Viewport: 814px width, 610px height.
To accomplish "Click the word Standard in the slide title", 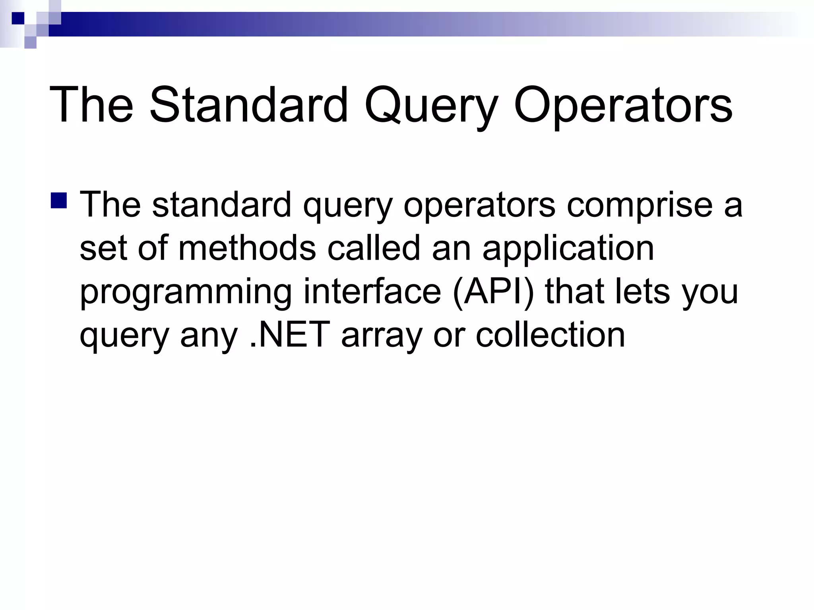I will point(248,105).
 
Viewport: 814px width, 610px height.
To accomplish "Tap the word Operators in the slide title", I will point(623,105).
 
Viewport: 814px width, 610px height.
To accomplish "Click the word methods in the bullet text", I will point(247,248).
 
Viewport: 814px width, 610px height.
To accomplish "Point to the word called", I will point(374,248).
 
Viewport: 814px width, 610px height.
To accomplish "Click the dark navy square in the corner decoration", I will point(18,18).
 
